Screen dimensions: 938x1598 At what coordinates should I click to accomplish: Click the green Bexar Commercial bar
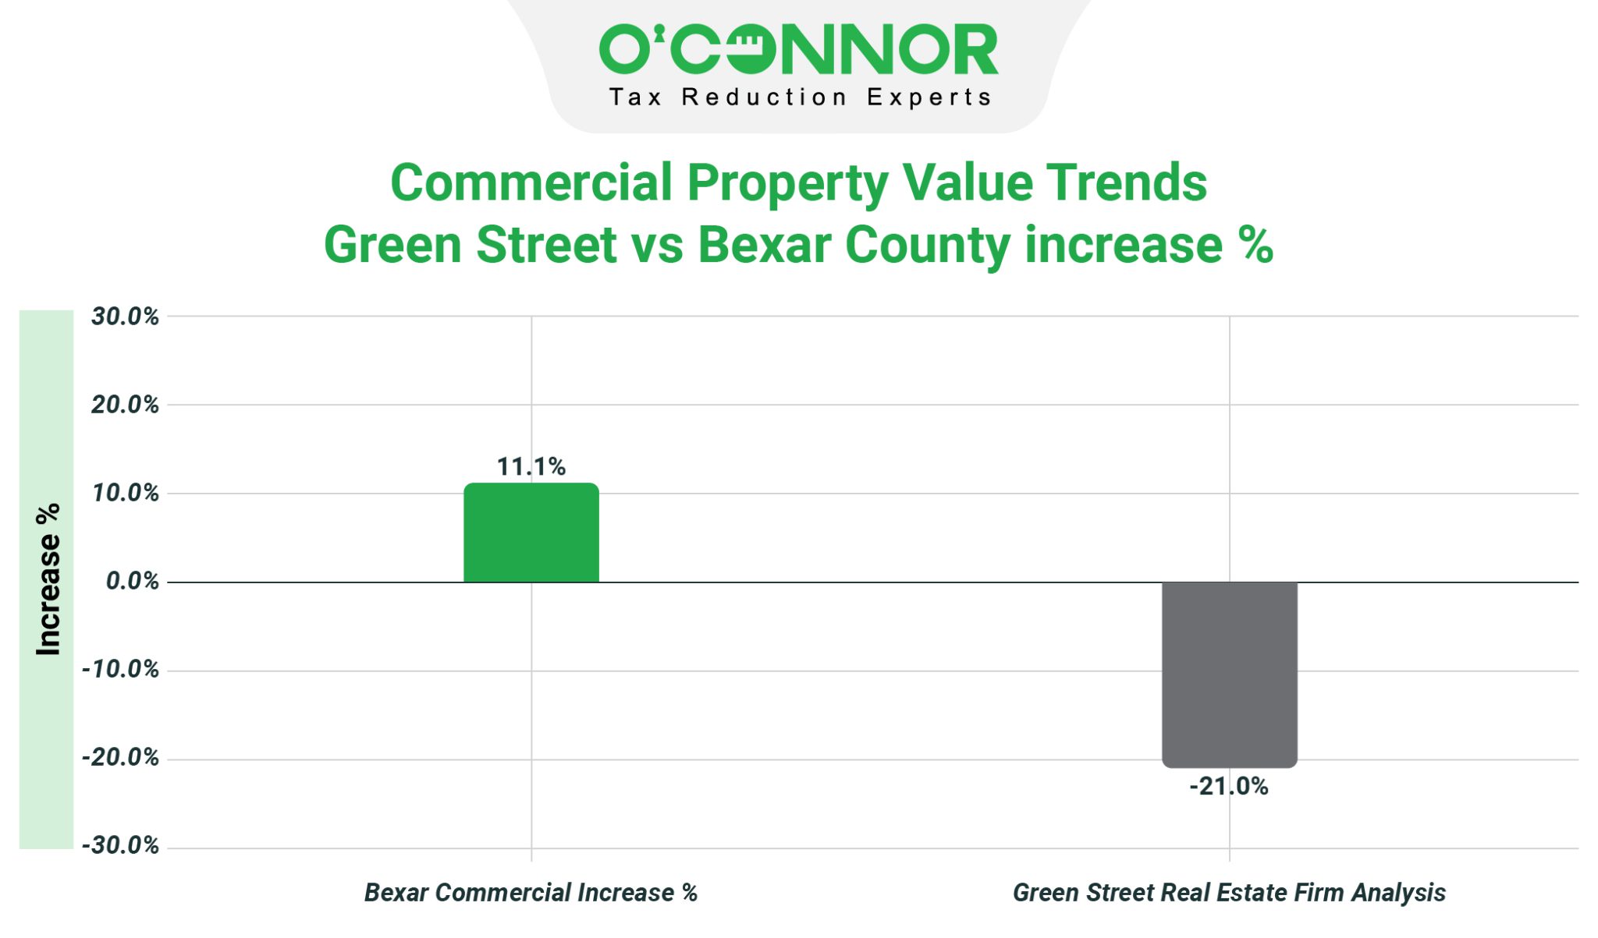tap(531, 533)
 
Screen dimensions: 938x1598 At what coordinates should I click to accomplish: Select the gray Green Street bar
tap(1230, 674)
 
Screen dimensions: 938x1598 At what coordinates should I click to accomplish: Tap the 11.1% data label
tap(531, 466)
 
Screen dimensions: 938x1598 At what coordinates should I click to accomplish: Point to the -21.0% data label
tap(1229, 786)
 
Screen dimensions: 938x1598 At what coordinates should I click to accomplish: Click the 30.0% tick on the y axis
tap(125, 317)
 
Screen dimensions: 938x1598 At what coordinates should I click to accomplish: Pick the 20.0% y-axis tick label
tap(125, 405)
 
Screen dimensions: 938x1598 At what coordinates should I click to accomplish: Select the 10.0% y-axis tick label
tap(125, 493)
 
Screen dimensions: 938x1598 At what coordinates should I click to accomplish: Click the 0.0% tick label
tap(132, 581)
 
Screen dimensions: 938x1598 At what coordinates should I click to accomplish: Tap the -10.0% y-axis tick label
tap(120, 669)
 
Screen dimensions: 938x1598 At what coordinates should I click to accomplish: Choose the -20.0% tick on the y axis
tap(120, 757)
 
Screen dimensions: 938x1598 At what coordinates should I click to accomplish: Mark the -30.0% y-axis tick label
tap(120, 845)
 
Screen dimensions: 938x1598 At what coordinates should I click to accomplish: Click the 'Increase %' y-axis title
tap(48, 579)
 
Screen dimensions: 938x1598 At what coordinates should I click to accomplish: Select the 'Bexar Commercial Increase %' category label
tap(531, 893)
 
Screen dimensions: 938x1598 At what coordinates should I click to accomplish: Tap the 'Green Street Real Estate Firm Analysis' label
tap(1229, 893)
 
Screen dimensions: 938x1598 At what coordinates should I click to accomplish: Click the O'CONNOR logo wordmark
tap(798, 49)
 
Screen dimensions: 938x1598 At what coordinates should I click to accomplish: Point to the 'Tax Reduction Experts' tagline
tap(800, 97)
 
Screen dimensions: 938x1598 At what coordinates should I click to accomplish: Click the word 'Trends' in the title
tap(1126, 182)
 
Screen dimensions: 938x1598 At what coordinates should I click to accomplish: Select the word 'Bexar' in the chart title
tap(764, 245)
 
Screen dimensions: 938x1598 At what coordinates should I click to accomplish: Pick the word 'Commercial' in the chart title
tap(531, 182)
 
